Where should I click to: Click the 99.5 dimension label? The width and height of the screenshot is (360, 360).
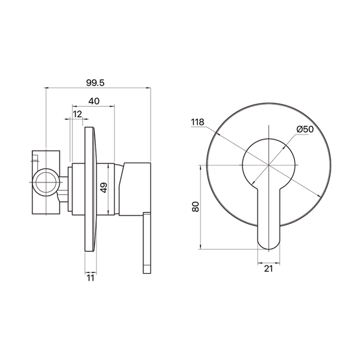pos(95,83)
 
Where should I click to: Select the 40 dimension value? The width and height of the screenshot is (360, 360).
pos(94,101)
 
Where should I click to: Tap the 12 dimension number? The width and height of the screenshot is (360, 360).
pos(77,114)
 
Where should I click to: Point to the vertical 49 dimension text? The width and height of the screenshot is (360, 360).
pos(104,187)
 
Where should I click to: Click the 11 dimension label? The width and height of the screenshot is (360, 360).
pos(91,278)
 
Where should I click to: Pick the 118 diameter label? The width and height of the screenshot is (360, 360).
pos(197,122)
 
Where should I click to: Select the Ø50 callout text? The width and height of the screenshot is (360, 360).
pos(305,129)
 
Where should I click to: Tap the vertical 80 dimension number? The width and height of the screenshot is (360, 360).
pos(196,206)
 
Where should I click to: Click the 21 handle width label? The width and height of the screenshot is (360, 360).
pos(268,268)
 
